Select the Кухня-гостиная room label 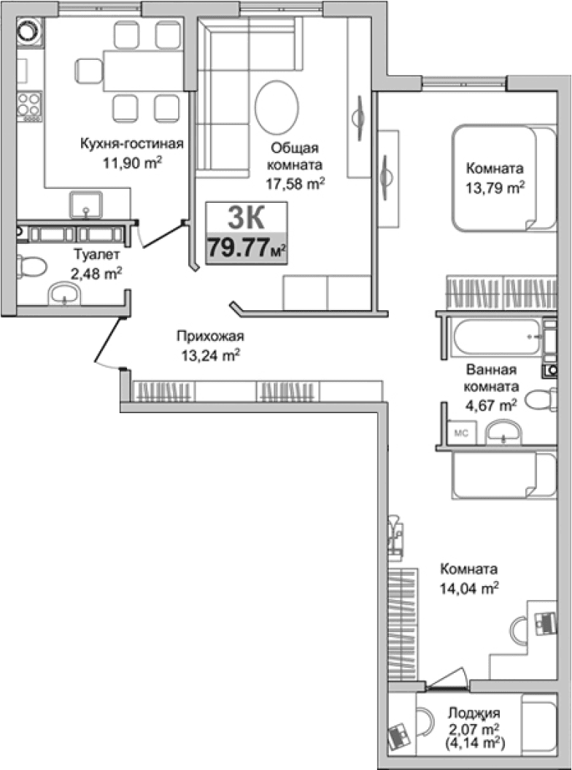click(x=131, y=144)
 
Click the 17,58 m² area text click(x=295, y=184)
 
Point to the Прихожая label click(x=210, y=336)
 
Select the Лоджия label click(x=474, y=714)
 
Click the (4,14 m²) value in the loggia click(x=474, y=743)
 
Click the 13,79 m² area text click(x=495, y=187)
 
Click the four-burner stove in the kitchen click(x=29, y=106)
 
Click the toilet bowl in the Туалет click(x=28, y=266)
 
